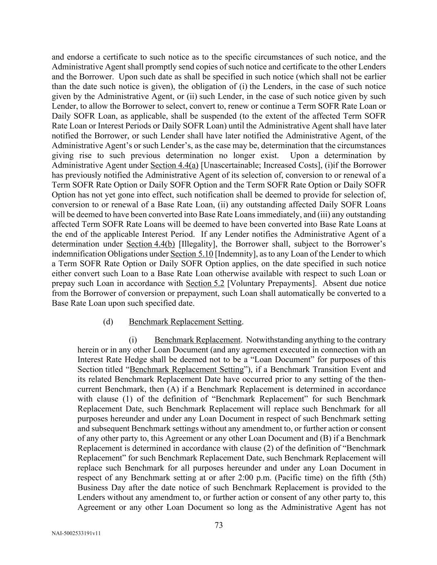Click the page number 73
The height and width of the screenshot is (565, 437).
pos(219,525)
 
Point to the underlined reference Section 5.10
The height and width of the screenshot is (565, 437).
pos(191,254)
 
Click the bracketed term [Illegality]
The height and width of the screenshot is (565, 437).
pos(196,244)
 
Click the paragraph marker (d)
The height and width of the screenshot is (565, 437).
pos(108,322)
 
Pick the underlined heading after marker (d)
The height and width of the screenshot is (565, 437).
pos(185,322)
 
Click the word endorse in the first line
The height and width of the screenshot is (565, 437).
pos(79,57)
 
